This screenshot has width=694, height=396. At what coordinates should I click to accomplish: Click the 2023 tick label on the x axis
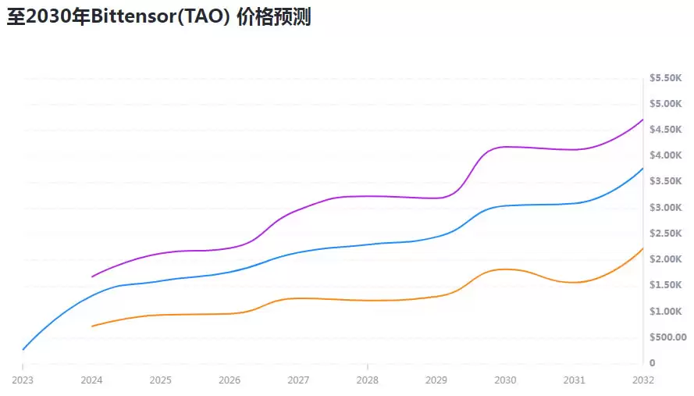point(23,380)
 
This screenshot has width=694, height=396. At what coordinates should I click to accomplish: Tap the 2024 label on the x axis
point(91,380)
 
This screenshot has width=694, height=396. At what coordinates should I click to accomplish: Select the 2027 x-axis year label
point(298,380)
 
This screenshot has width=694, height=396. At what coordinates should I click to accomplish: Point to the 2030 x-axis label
point(505,380)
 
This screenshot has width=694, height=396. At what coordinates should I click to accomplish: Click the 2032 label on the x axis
point(643,380)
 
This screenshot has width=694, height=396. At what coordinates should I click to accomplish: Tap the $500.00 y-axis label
point(667,337)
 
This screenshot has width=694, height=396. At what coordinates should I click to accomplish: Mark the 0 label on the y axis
point(652,363)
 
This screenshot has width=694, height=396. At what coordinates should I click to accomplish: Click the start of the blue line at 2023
point(23,349)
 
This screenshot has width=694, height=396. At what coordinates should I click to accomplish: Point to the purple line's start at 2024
point(92,276)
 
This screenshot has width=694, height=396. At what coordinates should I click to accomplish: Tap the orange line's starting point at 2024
point(92,326)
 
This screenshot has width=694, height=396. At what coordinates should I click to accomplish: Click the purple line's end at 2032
point(642,120)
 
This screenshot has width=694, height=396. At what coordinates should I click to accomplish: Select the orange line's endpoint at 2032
point(642,248)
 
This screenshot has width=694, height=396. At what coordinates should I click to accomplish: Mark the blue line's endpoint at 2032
point(642,169)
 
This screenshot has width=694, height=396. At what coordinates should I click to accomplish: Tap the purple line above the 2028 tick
point(367,196)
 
